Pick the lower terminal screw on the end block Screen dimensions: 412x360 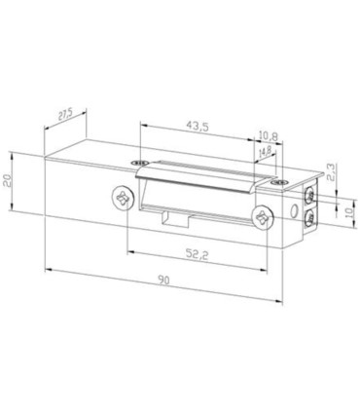click(x=309, y=217)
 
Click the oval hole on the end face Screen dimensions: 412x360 click(x=293, y=209)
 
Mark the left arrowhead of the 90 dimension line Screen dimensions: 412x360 click(x=48, y=268)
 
